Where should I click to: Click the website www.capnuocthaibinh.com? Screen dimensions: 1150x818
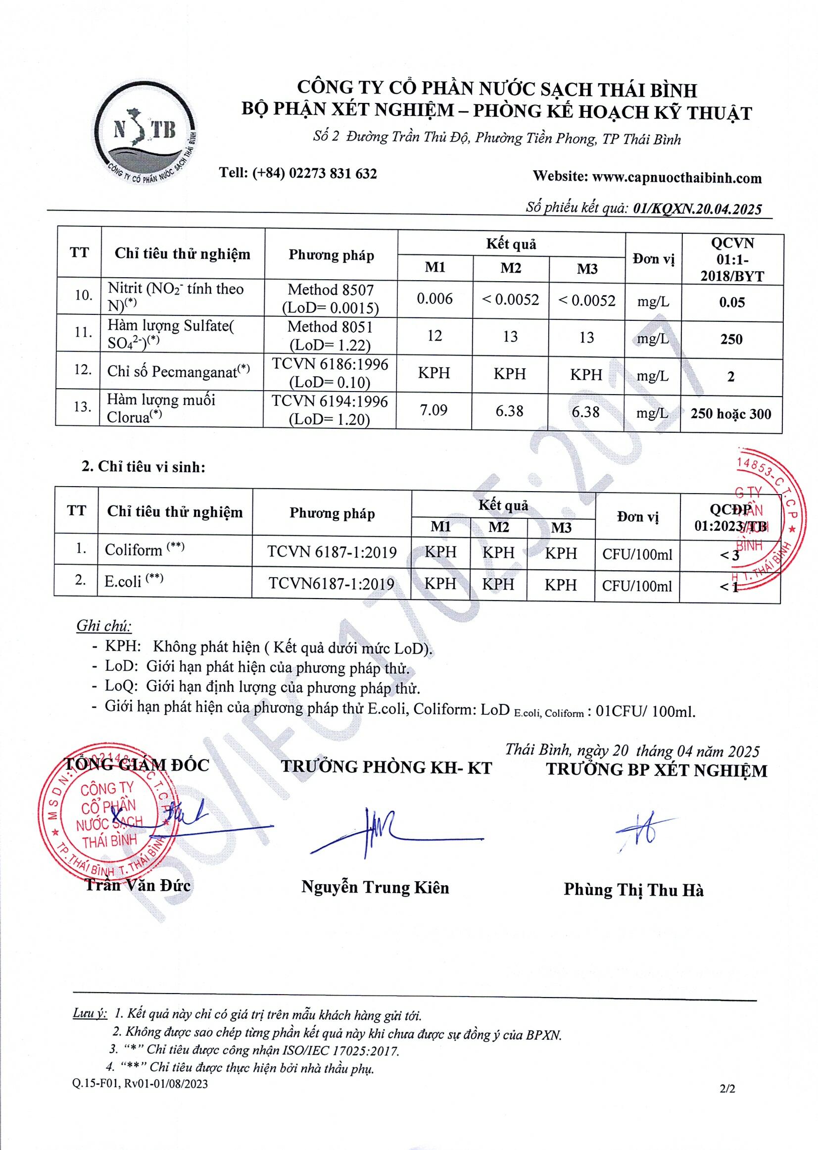click(x=676, y=177)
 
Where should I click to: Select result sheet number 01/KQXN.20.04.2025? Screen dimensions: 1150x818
click(x=697, y=208)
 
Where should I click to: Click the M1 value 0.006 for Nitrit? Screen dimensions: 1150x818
click(x=434, y=299)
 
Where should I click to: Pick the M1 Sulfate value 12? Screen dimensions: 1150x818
click(x=434, y=336)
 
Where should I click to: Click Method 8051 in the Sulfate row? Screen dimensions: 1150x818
click(x=330, y=327)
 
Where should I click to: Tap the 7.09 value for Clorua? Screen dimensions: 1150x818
click(x=433, y=410)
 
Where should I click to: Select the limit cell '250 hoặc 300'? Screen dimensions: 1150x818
click(x=730, y=414)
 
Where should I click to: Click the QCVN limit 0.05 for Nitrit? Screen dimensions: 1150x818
click(x=731, y=302)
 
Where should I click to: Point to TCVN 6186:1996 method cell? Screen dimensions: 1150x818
click(x=330, y=364)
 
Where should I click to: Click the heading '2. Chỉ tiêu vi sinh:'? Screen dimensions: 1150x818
click(x=144, y=467)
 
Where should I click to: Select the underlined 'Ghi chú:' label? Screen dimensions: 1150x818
click(x=104, y=626)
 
